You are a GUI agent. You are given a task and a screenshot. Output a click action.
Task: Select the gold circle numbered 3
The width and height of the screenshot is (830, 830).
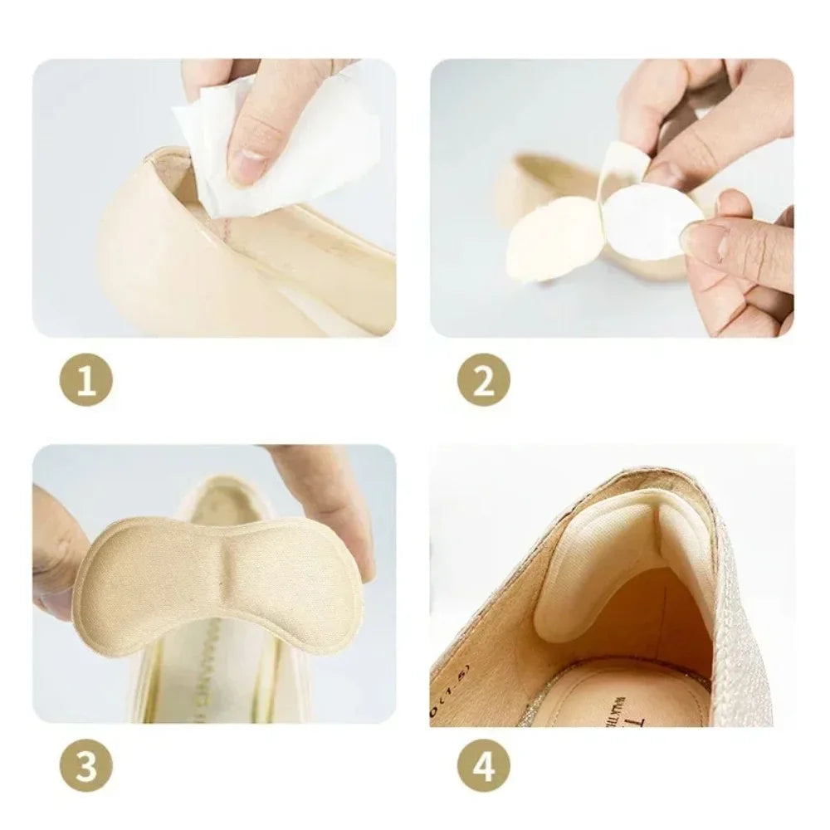tap(85, 765)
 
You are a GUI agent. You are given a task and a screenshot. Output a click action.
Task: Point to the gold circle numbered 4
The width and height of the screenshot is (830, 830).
tap(483, 765)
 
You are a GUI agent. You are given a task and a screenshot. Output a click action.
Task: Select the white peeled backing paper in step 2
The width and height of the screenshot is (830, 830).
tap(647, 220)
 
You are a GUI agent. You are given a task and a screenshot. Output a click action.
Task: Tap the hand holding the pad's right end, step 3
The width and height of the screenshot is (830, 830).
tap(332, 498)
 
